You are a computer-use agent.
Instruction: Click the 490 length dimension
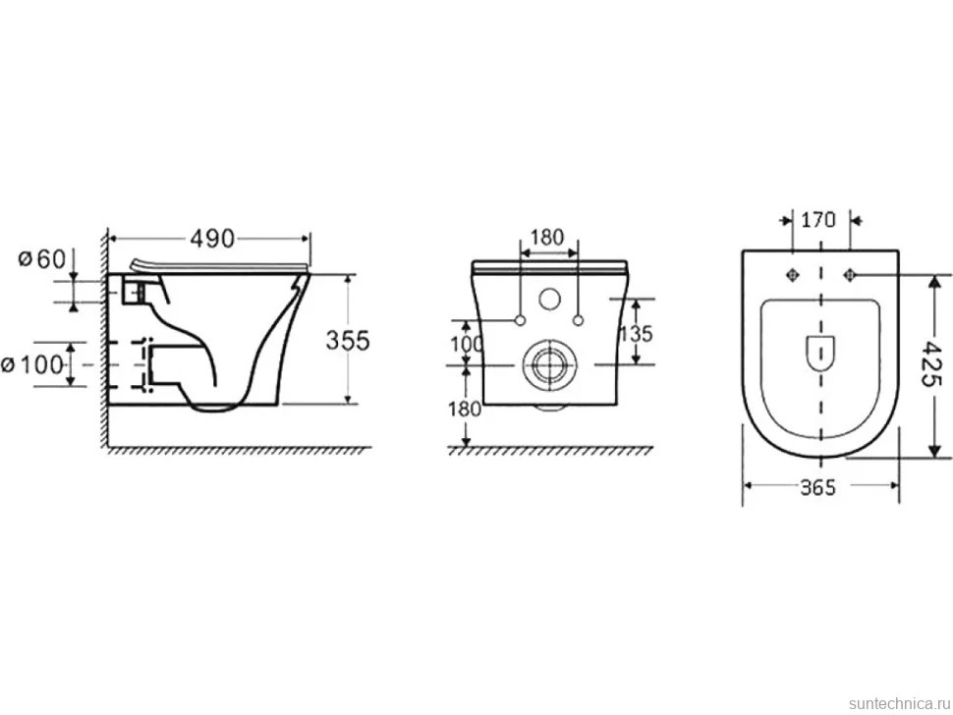point(212,239)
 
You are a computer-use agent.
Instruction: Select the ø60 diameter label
point(42,259)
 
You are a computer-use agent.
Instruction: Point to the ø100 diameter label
point(32,365)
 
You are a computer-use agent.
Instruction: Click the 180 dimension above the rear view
point(547,237)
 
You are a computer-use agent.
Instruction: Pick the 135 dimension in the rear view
point(636,333)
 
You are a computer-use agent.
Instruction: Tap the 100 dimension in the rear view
point(466,344)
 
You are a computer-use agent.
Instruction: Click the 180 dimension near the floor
point(465,409)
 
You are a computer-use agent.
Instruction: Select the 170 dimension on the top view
point(818,219)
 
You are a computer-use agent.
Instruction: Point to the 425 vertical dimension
point(931,363)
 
